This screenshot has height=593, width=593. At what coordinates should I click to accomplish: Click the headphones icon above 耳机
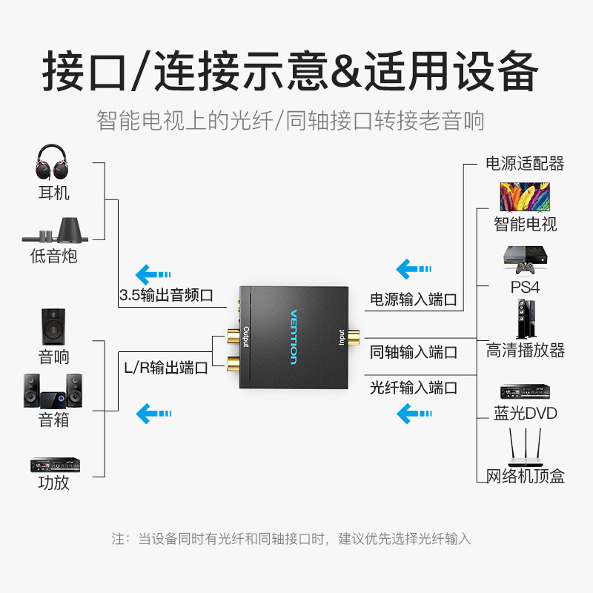coord(52,162)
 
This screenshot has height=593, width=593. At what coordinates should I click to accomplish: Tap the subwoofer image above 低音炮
coord(55,231)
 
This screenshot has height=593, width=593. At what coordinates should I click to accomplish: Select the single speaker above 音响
coord(53,327)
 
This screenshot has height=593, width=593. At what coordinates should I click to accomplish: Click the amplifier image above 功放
coord(55,465)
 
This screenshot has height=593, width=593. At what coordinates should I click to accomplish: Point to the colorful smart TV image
coord(525,196)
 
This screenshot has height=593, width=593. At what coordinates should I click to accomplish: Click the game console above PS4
coord(525,260)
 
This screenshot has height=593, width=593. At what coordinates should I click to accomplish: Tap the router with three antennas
coord(525,448)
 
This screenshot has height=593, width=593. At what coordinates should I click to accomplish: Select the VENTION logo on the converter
coord(294,337)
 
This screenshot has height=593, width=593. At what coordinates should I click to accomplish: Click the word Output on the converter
coord(246,337)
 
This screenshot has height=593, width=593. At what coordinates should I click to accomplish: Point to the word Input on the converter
coord(342,337)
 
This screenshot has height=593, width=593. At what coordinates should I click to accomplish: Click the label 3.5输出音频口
coord(166,295)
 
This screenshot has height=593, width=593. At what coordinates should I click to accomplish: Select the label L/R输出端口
coord(166,368)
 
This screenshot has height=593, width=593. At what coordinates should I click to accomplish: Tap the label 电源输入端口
coord(414,299)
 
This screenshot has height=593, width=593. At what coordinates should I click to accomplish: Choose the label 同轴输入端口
coord(414,352)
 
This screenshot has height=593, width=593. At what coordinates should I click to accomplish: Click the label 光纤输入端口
coord(414,388)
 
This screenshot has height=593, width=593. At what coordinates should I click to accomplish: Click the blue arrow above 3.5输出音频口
coord(153,274)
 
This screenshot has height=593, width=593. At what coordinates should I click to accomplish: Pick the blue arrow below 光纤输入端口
coord(414,414)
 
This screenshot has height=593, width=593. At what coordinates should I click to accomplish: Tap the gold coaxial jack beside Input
coord(354,337)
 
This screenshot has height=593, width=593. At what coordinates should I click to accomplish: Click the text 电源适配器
coord(525,164)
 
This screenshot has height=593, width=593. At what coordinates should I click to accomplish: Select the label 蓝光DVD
coord(526,414)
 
